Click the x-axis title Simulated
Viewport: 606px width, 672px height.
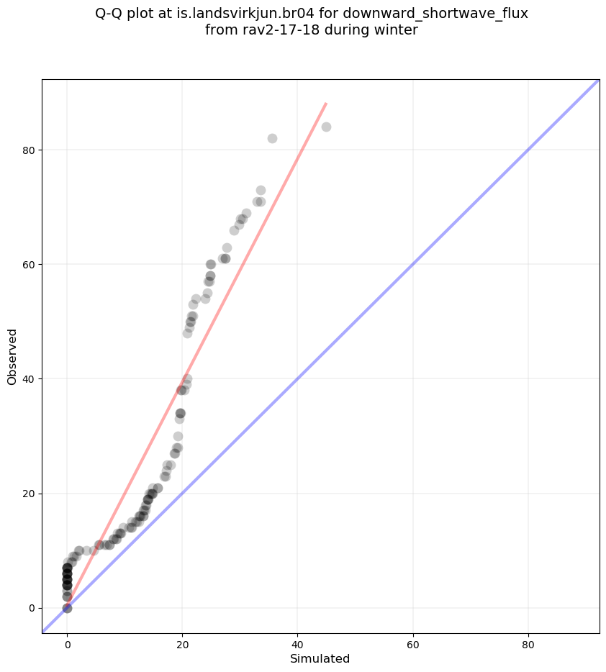click(x=320, y=659)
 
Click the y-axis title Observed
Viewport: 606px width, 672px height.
click(x=12, y=356)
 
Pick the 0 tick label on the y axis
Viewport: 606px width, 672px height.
click(x=32, y=608)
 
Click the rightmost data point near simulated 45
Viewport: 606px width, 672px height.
click(x=326, y=127)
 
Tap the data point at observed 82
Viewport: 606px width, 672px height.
click(x=272, y=138)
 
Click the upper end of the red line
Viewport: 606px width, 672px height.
click(x=326, y=104)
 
